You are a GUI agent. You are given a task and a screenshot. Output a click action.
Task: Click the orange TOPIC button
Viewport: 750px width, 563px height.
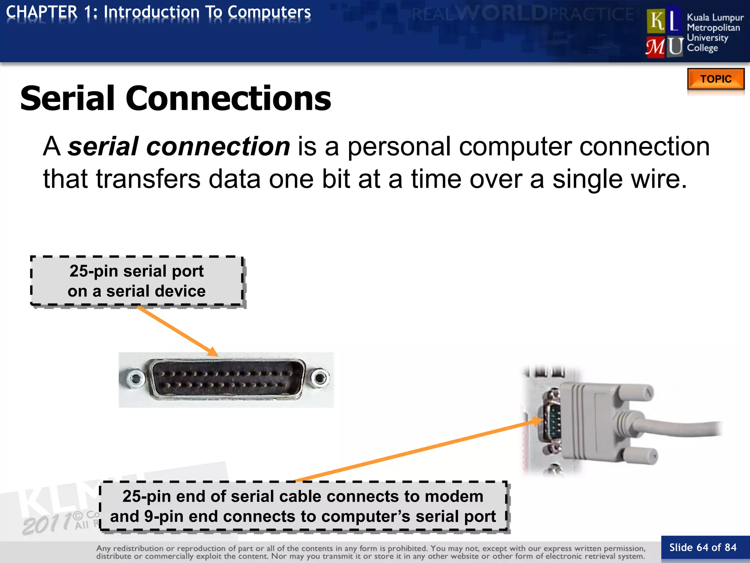point(716,79)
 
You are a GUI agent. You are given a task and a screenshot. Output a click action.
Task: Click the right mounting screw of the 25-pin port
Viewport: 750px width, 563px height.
point(320,378)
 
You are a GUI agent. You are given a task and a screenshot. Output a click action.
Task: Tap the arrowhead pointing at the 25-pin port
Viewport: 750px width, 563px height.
point(213,352)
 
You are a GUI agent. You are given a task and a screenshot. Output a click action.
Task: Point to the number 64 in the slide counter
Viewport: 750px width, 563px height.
point(702,548)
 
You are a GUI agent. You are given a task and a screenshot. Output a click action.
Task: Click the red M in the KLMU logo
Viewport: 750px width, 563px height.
point(655,47)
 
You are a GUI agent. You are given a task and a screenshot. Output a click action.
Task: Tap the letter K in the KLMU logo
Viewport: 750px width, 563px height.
point(657,21)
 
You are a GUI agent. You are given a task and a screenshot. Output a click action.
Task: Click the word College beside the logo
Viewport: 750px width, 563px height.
point(702,48)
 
